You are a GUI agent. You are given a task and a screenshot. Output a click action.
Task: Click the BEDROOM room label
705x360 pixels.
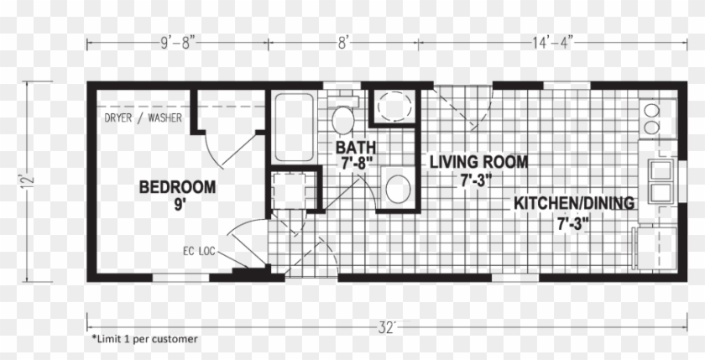pyautogui.click(x=177, y=185)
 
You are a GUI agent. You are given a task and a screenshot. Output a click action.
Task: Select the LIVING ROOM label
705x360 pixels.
pyautogui.click(x=478, y=162)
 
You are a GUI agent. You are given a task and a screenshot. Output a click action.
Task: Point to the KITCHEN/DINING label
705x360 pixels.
pyautogui.click(x=574, y=203)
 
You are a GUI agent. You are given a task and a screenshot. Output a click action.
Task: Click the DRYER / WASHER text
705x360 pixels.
pyautogui.click(x=144, y=117)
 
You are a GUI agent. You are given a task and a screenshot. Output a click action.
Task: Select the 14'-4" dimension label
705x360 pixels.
pyautogui.click(x=551, y=39)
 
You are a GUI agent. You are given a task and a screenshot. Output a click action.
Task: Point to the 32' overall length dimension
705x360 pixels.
pyautogui.click(x=385, y=328)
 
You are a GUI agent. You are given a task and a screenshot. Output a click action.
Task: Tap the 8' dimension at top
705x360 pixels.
pyautogui.click(x=343, y=39)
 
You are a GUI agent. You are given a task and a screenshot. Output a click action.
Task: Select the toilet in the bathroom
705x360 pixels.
pyautogui.click(x=342, y=120)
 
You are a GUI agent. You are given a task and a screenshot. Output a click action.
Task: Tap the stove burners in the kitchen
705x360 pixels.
pyautogui.click(x=651, y=118)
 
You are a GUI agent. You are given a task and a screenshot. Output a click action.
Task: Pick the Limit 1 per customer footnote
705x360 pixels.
pyautogui.click(x=144, y=339)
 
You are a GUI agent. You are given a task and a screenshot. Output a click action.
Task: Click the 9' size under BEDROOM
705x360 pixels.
pyautogui.click(x=178, y=203)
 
